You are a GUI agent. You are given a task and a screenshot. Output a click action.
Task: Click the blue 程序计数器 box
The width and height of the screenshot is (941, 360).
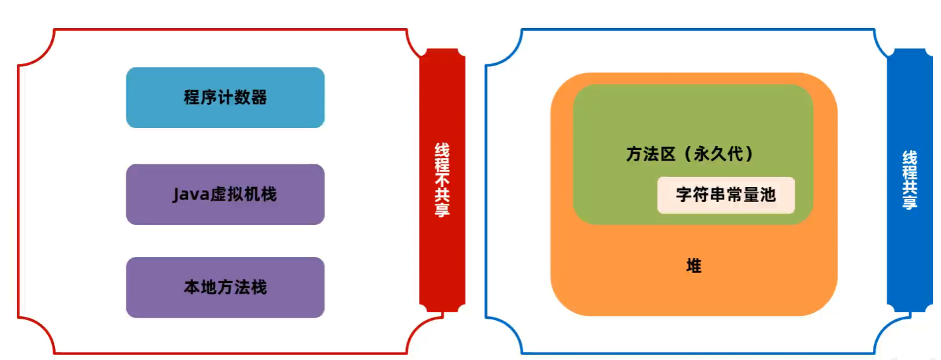[x=225, y=97]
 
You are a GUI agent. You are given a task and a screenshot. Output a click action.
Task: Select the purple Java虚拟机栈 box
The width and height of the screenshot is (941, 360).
[x=225, y=194]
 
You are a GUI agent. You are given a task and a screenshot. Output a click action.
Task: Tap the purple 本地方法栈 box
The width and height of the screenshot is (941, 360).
[x=225, y=287]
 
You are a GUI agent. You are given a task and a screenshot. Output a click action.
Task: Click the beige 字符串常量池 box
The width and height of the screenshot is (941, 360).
[x=726, y=196]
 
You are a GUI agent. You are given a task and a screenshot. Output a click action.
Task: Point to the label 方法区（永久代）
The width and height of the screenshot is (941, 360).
[x=691, y=154]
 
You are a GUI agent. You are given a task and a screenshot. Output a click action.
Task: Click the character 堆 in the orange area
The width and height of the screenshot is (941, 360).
[x=693, y=266]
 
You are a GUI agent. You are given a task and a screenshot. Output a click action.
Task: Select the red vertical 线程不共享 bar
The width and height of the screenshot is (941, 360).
[x=442, y=180]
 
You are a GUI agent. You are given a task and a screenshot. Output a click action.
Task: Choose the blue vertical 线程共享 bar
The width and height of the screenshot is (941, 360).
[x=910, y=180]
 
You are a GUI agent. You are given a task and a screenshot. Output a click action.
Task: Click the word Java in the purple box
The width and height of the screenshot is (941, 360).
[x=191, y=195]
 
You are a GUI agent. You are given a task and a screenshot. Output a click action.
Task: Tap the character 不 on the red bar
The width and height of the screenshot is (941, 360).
[x=442, y=180]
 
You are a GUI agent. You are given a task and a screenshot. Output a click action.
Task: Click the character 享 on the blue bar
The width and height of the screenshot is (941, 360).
[x=910, y=202]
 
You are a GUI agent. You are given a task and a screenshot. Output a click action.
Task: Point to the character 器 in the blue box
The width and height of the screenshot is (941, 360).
[x=259, y=97]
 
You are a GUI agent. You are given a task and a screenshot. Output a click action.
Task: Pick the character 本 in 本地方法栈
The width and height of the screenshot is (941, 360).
[x=192, y=287]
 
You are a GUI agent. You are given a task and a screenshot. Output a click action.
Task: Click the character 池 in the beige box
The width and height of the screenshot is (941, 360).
[x=767, y=195]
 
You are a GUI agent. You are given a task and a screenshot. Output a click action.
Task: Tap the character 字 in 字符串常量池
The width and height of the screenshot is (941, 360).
[x=684, y=195]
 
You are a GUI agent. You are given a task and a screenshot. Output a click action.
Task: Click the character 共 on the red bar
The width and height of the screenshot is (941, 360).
[x=442, y=196]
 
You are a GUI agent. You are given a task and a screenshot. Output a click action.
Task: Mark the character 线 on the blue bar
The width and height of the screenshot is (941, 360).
[x=910, y=158]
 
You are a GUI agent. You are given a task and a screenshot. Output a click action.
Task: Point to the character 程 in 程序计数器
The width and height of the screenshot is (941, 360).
[x=192, y=97]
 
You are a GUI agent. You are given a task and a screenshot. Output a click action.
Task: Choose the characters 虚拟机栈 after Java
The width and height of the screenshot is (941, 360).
[x=243, y=194]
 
